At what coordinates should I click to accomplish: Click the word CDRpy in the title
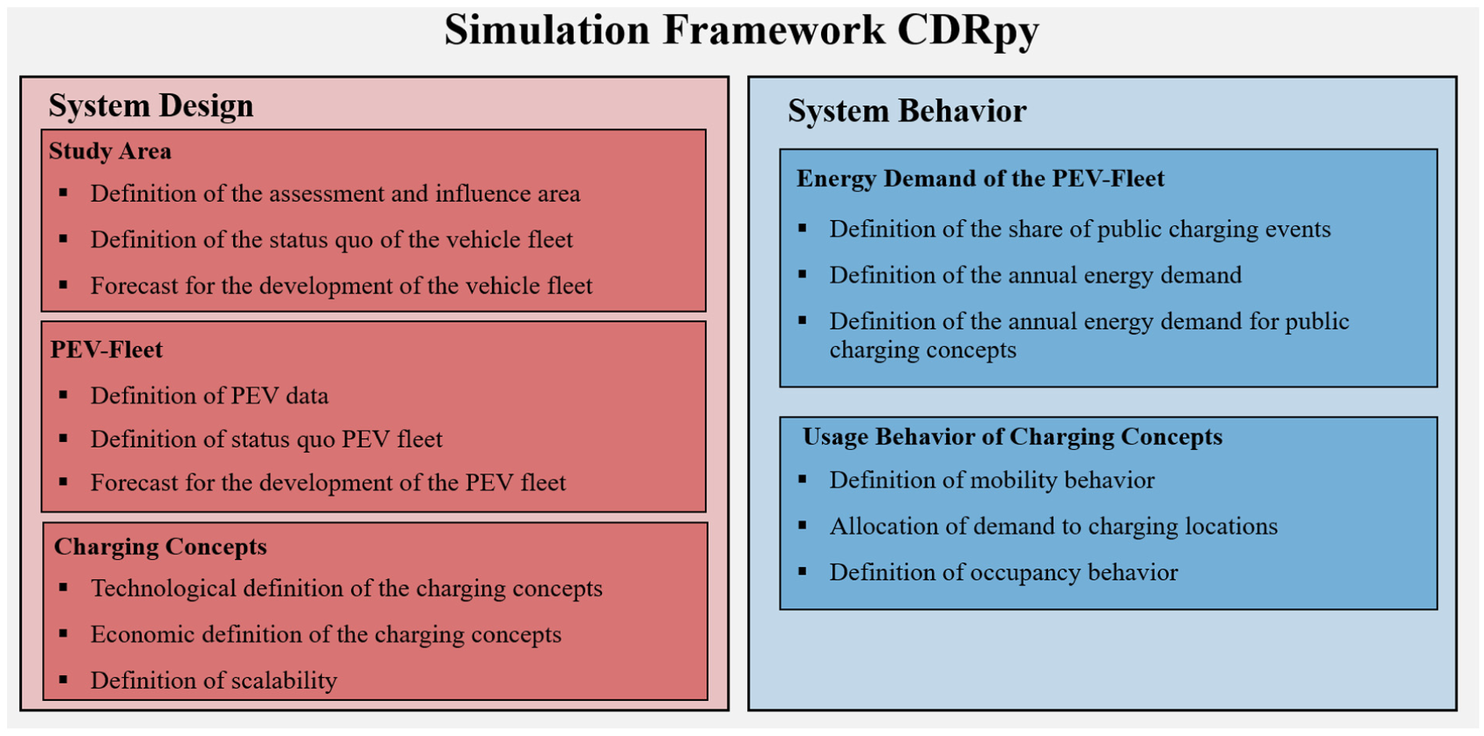click(968, 31)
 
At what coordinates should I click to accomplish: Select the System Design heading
click(151, 106)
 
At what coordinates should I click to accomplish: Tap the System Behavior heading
click(907, 111)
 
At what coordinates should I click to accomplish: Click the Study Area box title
click(110, 150)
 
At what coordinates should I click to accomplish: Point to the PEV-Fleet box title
click(107, 349)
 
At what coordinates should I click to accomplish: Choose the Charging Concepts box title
click(161, 547)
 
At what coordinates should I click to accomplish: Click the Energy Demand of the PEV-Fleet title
click(980, 179)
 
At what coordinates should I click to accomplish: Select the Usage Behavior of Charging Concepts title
click(1012, 437)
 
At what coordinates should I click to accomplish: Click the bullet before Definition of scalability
click(63, 680)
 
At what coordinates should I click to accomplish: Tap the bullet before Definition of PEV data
click(63, 395)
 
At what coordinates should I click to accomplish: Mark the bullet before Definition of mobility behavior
click(802, 479)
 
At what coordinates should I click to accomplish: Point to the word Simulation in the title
click(547, 30)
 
